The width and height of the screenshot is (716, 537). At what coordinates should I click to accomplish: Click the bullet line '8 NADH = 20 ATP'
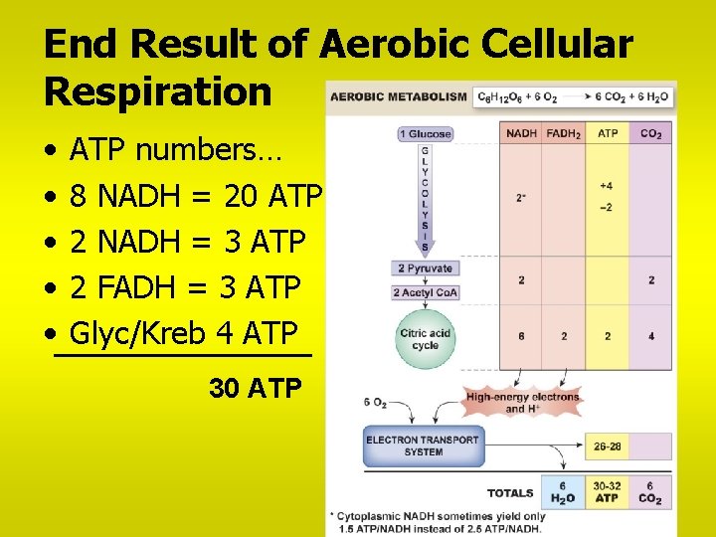coord(196,196)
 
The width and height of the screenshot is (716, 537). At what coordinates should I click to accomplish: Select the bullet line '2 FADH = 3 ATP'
coord(185,287)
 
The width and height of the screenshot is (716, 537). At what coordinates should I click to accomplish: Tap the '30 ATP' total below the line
coord(255,388)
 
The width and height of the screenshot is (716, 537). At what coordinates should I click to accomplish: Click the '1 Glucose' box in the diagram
coord(426,134)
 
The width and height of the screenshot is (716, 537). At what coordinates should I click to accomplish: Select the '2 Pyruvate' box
coord(425,268)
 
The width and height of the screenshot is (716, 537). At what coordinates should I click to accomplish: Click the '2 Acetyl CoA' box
coord(425,292)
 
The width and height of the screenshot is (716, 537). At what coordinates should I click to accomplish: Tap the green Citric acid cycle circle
coord(425,339)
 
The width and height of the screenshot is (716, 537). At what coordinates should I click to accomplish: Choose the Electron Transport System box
coord(423,446)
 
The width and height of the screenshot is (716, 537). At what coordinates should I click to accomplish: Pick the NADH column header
coord(521,133)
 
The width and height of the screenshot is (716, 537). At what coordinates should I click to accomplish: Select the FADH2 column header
coord(564,133)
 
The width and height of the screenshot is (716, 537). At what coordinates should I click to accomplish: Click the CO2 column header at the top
coord(651,133)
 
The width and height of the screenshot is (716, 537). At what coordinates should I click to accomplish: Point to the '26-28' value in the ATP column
coord(607,447)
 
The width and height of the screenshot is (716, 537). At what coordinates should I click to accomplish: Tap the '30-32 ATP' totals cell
coord(607,492)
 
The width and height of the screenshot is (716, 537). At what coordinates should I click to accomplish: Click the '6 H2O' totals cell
coord(563,492)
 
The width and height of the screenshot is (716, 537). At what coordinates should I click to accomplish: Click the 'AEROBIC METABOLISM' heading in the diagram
coord(398,97)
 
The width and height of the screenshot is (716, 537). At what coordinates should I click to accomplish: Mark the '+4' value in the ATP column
coord(607,185)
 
